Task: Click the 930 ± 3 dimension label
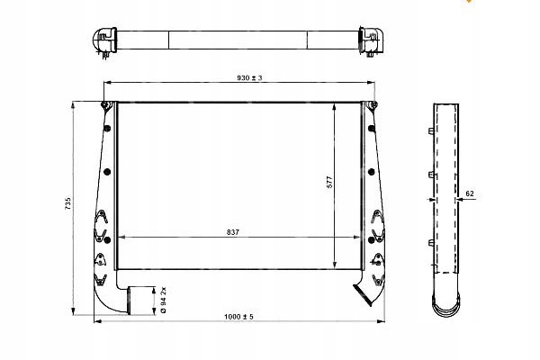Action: (249, 78)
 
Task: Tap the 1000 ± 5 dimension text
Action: (238, 317)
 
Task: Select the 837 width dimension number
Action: (233, 232)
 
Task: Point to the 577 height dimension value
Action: (329, 182)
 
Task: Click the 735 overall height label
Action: (67, 203)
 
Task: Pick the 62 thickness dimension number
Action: (470, 193)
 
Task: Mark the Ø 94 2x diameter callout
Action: (164, 300)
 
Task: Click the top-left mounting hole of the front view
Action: (104, 104)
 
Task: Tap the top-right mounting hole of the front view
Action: (373, 104)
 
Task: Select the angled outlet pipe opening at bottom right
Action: (362, 295)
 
